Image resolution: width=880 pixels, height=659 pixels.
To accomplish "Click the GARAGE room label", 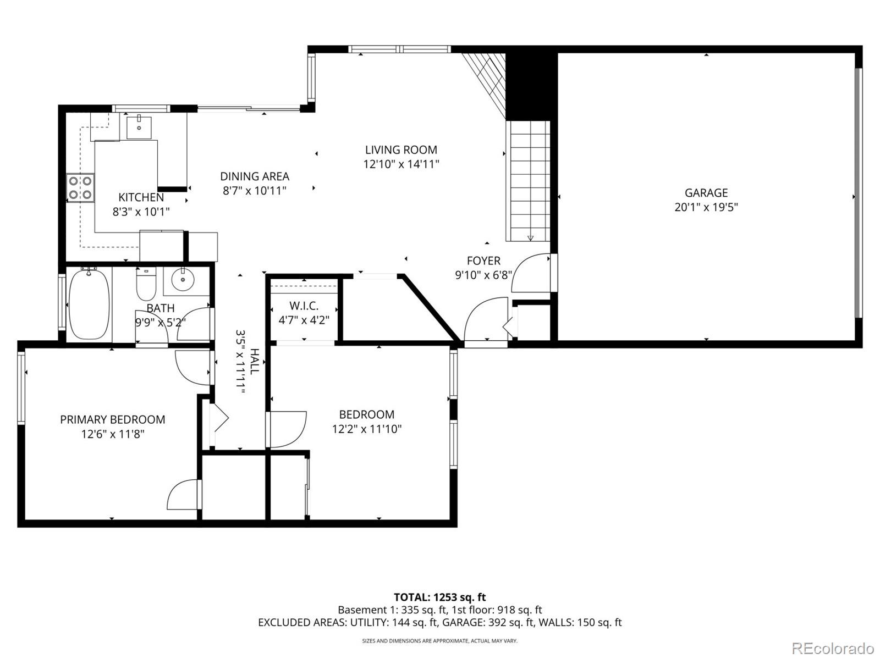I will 706,193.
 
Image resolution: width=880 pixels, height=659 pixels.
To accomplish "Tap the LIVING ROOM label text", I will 401,149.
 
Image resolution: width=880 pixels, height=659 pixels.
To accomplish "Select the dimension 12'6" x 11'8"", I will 113,434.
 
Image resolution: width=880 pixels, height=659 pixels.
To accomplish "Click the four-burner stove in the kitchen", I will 80,187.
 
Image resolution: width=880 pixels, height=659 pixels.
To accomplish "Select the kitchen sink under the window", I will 140,127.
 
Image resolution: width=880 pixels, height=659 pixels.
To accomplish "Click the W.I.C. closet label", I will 304,306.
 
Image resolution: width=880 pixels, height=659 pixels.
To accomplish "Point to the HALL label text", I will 254,362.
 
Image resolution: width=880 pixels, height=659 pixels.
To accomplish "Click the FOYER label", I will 483,261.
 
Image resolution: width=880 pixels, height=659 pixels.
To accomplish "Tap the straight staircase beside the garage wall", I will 529,181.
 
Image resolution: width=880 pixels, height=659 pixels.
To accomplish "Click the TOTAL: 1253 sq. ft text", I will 439,597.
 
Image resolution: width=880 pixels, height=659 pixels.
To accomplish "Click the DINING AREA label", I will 255,176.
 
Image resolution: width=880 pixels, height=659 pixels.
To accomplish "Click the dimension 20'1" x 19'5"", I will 706,207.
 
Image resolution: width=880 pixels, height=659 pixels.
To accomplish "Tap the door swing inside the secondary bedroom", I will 288,429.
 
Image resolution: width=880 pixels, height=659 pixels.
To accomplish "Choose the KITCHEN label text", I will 141,197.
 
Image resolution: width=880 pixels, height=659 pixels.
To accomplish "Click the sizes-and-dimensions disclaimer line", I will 439,641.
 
